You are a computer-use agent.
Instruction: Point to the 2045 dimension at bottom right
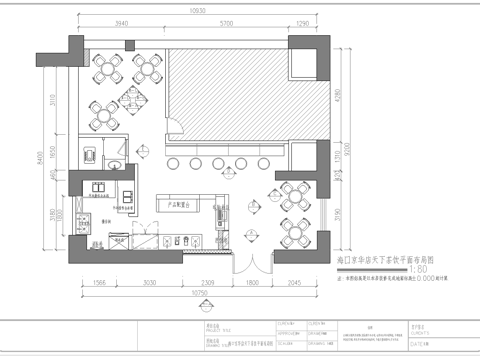click(x=296, y=284)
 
